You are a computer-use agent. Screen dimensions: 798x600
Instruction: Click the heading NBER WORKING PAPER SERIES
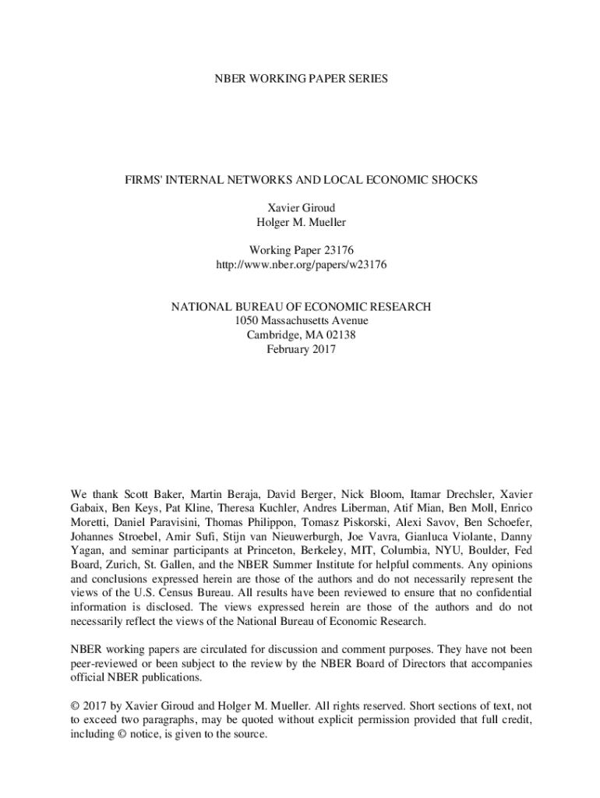pos(301,79)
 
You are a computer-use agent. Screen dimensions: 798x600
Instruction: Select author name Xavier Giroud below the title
pos(301,209)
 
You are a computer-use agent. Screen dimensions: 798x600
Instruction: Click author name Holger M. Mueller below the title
pos(301,223)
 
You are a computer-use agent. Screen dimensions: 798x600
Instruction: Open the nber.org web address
pos(301,265)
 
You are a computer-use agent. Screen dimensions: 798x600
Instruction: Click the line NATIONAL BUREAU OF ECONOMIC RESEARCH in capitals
pos(301,307)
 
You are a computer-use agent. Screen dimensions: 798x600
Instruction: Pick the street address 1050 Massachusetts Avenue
pos(301,321)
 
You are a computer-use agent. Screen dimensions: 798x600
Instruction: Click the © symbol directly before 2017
pos(76,706)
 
